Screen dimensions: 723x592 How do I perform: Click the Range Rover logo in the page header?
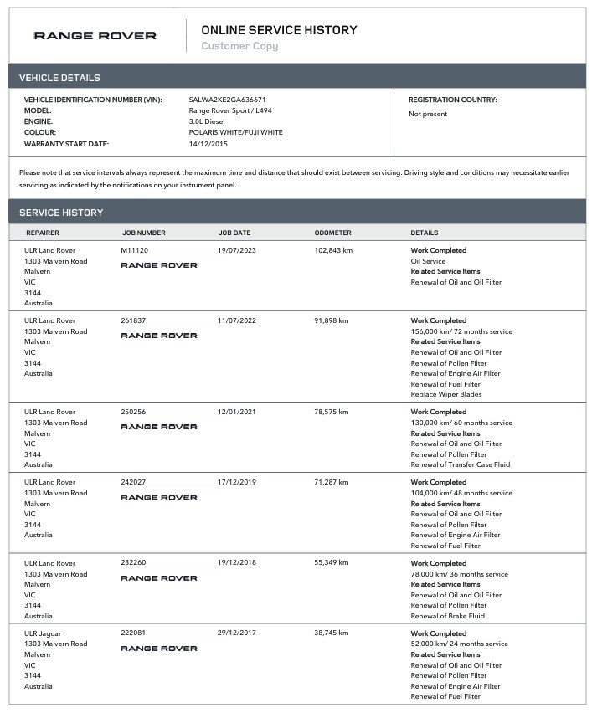pos(95,35)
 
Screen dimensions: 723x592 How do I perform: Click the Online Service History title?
pos(279,30)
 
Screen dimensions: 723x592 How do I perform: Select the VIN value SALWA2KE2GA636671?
pos(227,100)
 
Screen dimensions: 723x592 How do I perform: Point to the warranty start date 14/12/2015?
pos(208,143)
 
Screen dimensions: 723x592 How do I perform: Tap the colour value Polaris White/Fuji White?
pos(235,132)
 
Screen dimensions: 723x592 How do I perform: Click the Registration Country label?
pos(452,100)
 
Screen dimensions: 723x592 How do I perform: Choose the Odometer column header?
pos(332,233)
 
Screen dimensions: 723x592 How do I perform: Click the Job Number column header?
pos(143,233)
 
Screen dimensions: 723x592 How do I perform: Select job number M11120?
pos(134,250)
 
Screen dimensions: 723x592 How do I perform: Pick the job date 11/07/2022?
pos(236,320)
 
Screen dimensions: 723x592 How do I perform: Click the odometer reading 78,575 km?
pos(332,412)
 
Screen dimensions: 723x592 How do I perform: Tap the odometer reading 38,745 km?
pos(332,633)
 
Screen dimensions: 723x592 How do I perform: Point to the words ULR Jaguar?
pos(43,633)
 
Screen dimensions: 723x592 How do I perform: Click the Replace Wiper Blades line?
pos(445,394)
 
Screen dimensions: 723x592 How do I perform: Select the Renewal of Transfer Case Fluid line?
pos(460,464)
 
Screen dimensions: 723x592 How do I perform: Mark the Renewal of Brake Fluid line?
pos(447,616)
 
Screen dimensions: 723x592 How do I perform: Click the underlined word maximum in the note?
pos(210,172)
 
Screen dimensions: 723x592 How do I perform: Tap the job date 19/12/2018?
pos(236,563)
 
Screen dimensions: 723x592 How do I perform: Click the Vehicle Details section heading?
pos(59,78)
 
